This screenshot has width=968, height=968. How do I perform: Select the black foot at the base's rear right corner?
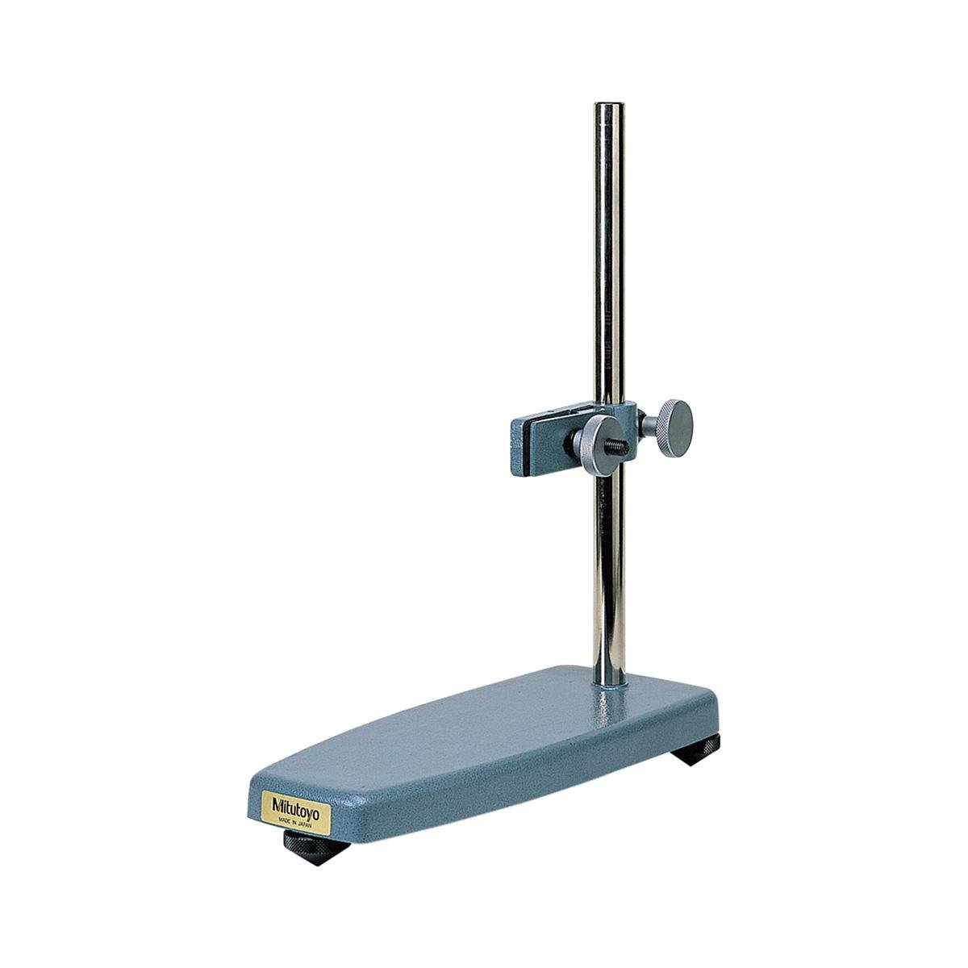697,749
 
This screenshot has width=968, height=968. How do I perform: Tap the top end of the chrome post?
608,105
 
